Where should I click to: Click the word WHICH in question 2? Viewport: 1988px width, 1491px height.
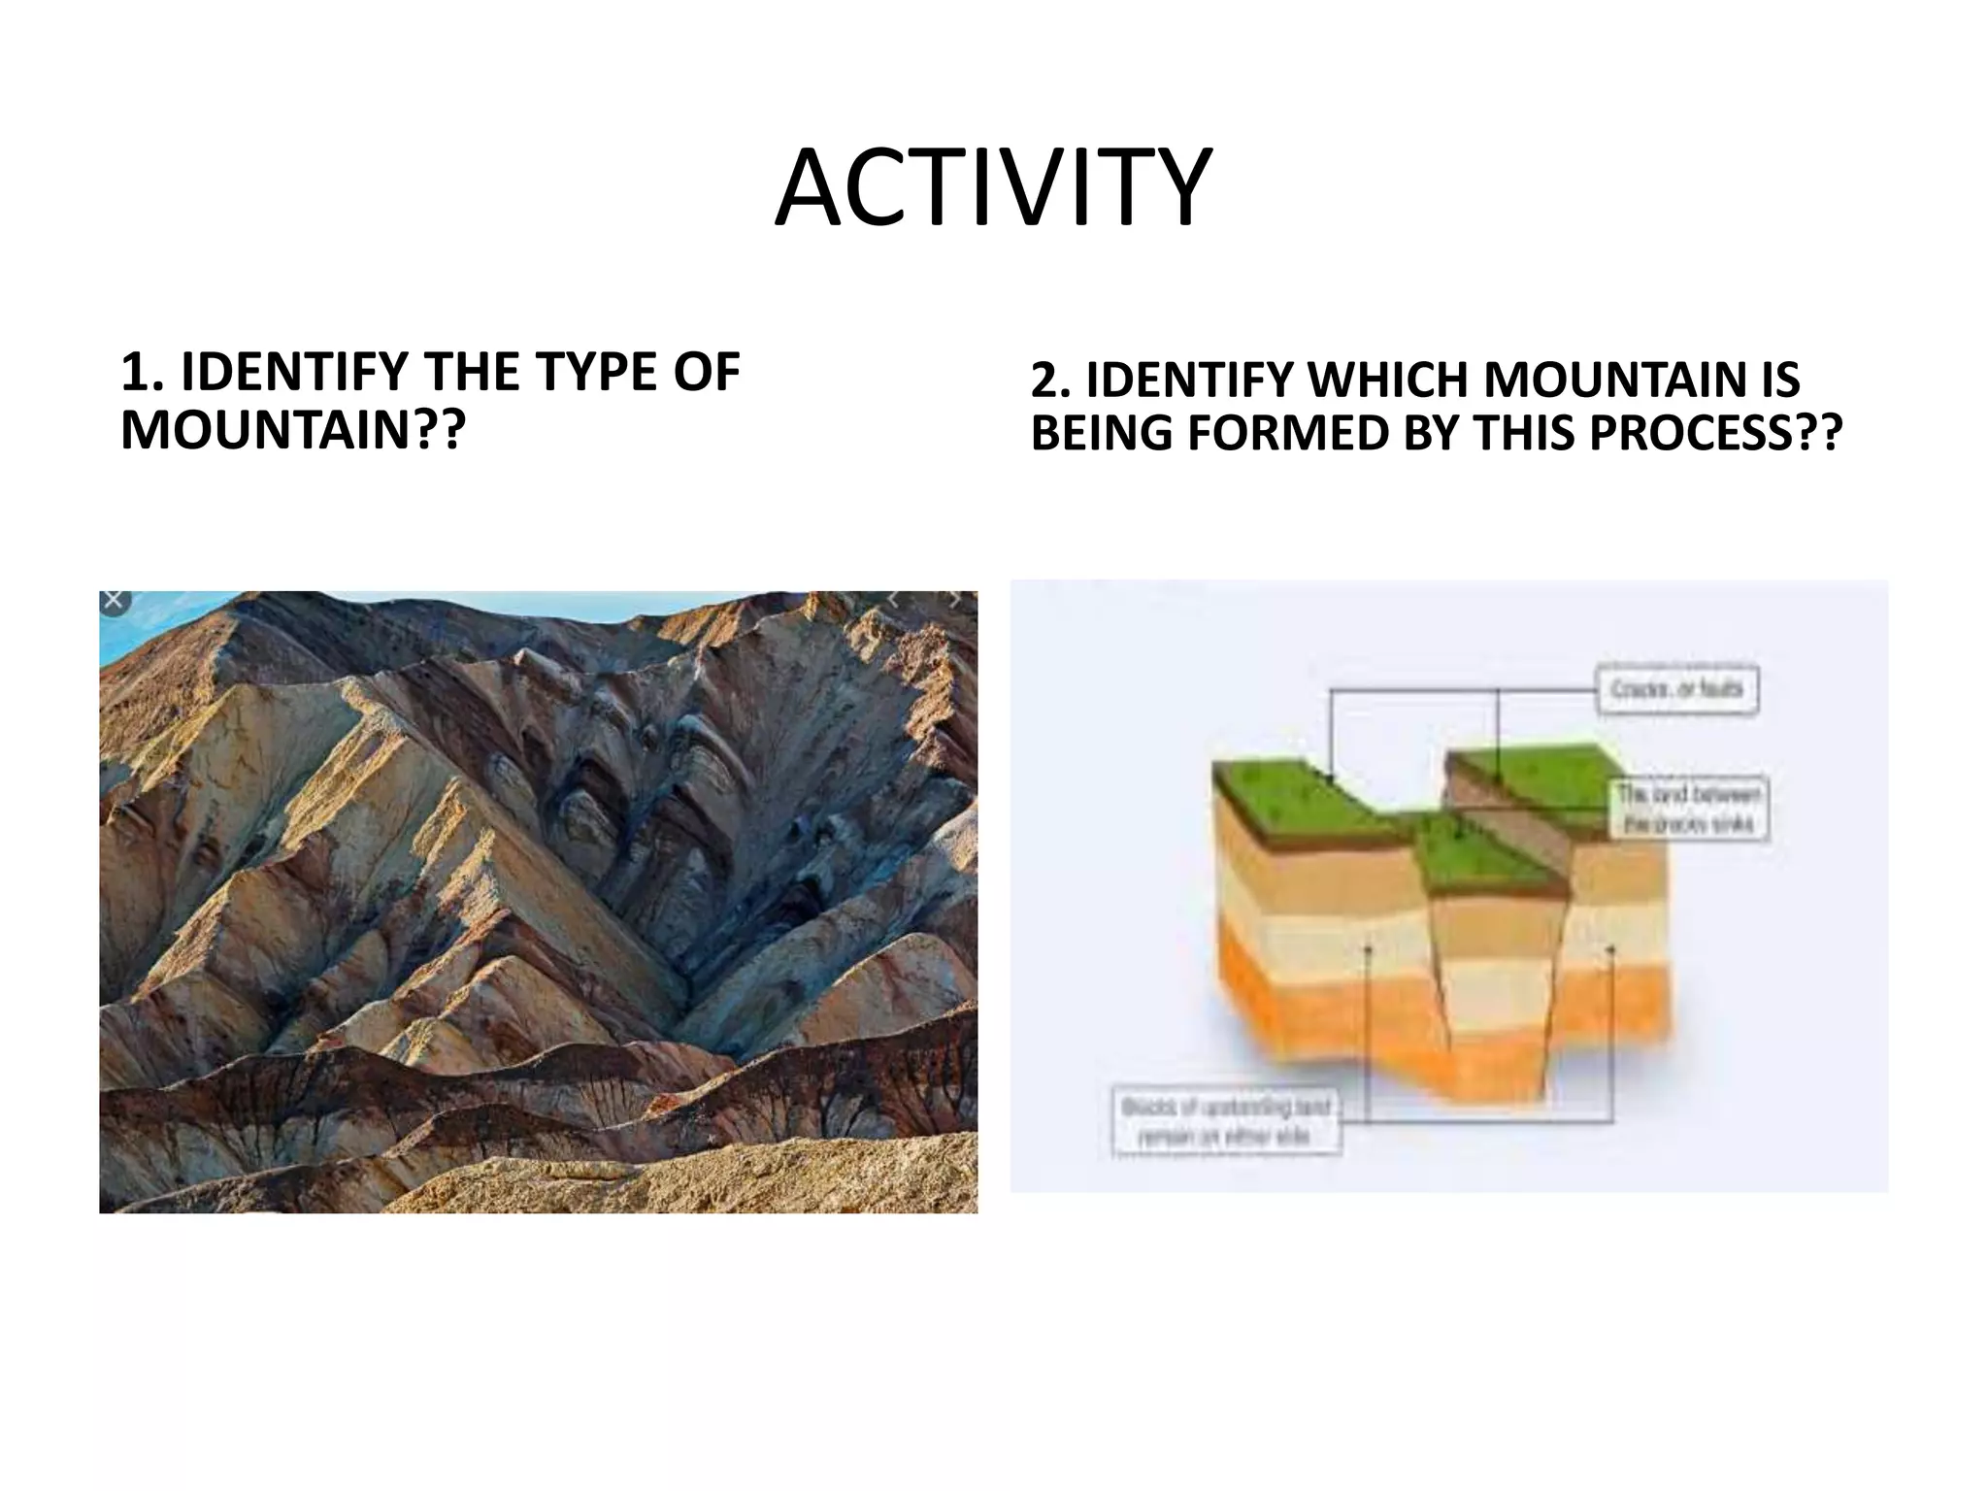pos(1389,380)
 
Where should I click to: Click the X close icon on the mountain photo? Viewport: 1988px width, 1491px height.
pos(114,601)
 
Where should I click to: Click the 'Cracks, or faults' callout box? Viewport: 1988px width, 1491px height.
pos(1676,691)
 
